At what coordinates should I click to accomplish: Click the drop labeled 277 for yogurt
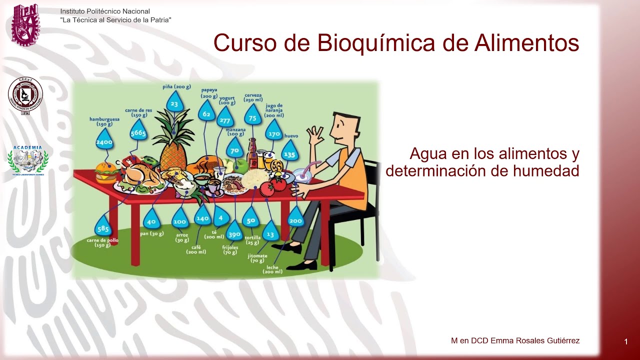click(225, 120)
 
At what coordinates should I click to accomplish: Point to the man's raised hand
click(316, 135)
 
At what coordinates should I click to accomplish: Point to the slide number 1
click(626, 342)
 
